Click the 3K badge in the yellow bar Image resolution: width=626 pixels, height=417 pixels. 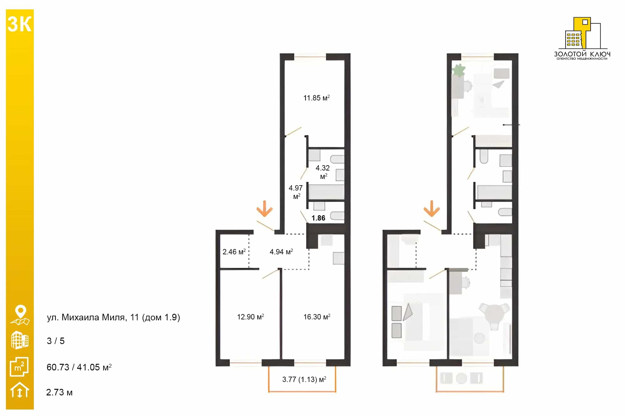(19, 24)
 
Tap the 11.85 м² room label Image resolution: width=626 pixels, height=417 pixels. (316, 98)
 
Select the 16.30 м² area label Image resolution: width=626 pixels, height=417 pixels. (317, 317)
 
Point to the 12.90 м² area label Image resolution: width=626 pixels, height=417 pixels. (250, 317)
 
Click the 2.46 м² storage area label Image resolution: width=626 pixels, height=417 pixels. (234, 252)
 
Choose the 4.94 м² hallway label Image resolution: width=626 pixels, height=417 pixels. (281, 252)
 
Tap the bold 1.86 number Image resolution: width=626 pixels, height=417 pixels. (318, 218)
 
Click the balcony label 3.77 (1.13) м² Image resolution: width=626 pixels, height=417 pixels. (304, 379)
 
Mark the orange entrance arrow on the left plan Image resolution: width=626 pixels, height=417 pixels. (265, 208)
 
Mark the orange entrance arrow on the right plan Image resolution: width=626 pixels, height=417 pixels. (432, 208)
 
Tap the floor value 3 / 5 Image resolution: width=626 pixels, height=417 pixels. (56, 341)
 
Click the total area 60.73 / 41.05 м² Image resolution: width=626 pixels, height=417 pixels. (79, 367)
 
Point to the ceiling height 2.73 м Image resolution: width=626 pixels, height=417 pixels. (59, 392)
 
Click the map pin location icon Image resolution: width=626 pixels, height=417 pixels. (20, 315)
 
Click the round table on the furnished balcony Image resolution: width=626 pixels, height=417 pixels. (461, 378)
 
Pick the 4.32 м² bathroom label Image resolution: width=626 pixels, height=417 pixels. (323, 172)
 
